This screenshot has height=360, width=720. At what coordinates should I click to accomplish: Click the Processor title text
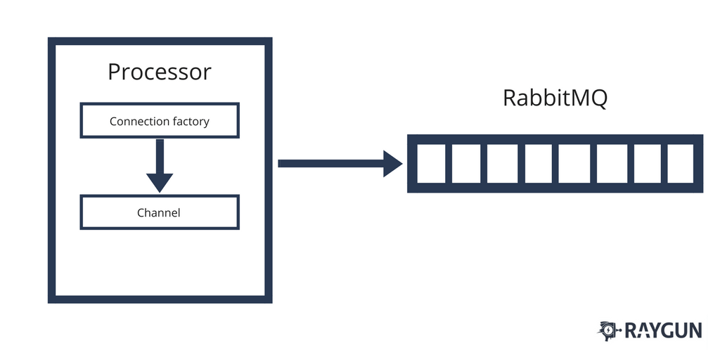click(x=159, y=72)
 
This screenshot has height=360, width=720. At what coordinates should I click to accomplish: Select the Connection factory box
click(x=160, y=120)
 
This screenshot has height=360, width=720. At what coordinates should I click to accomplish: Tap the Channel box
click(x=160, y=212)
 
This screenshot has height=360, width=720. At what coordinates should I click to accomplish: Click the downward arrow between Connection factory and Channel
click(x=160, y=165)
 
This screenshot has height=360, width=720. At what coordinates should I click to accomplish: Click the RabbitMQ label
click(x=555, y=98)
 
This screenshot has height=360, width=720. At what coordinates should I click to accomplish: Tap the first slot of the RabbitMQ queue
click(x=429, y=163)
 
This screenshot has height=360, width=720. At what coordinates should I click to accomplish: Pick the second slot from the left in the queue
click(x=465, y=163)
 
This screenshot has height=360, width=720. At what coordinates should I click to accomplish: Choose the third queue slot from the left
click(x=501, y=163)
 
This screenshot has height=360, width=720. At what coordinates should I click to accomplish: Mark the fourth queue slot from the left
click(x=538, y=163)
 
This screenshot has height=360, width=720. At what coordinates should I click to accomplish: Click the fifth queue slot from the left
click(x=574, y=163)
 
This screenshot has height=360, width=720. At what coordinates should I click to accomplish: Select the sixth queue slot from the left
click(x=610, y=163)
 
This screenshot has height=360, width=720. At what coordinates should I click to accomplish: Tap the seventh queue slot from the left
click(x=646, y=163)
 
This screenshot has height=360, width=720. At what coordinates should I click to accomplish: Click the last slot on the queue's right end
click(x=681, y=163)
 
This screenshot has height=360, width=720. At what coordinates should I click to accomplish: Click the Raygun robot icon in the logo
click(x=609, y=330)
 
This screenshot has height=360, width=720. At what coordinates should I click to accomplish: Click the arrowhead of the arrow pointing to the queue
click(x=392, y=163)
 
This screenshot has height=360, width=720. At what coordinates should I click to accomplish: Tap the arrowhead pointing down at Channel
click(x=160, y=183)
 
